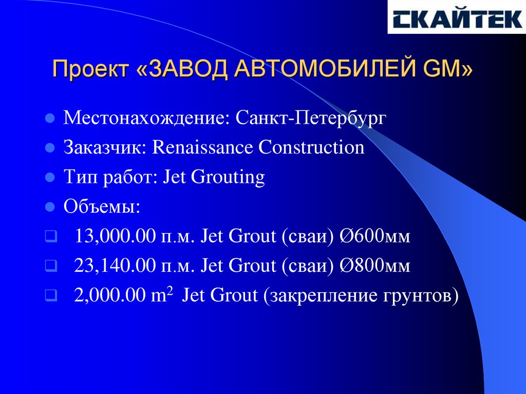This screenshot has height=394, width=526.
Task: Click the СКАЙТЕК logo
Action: pos(456,18)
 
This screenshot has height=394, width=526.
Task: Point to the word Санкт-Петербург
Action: pos(310,119)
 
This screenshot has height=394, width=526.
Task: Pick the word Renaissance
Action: pos(203,148)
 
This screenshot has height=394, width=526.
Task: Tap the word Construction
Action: pos(311,148)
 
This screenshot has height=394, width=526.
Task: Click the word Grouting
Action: pos(228,178)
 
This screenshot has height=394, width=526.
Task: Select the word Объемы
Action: pos(102,208)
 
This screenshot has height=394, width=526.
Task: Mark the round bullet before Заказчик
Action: pos(50,149)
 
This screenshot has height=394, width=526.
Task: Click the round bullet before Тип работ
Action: pos(50,178)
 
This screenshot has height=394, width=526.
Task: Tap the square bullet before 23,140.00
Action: pos(49,266)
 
